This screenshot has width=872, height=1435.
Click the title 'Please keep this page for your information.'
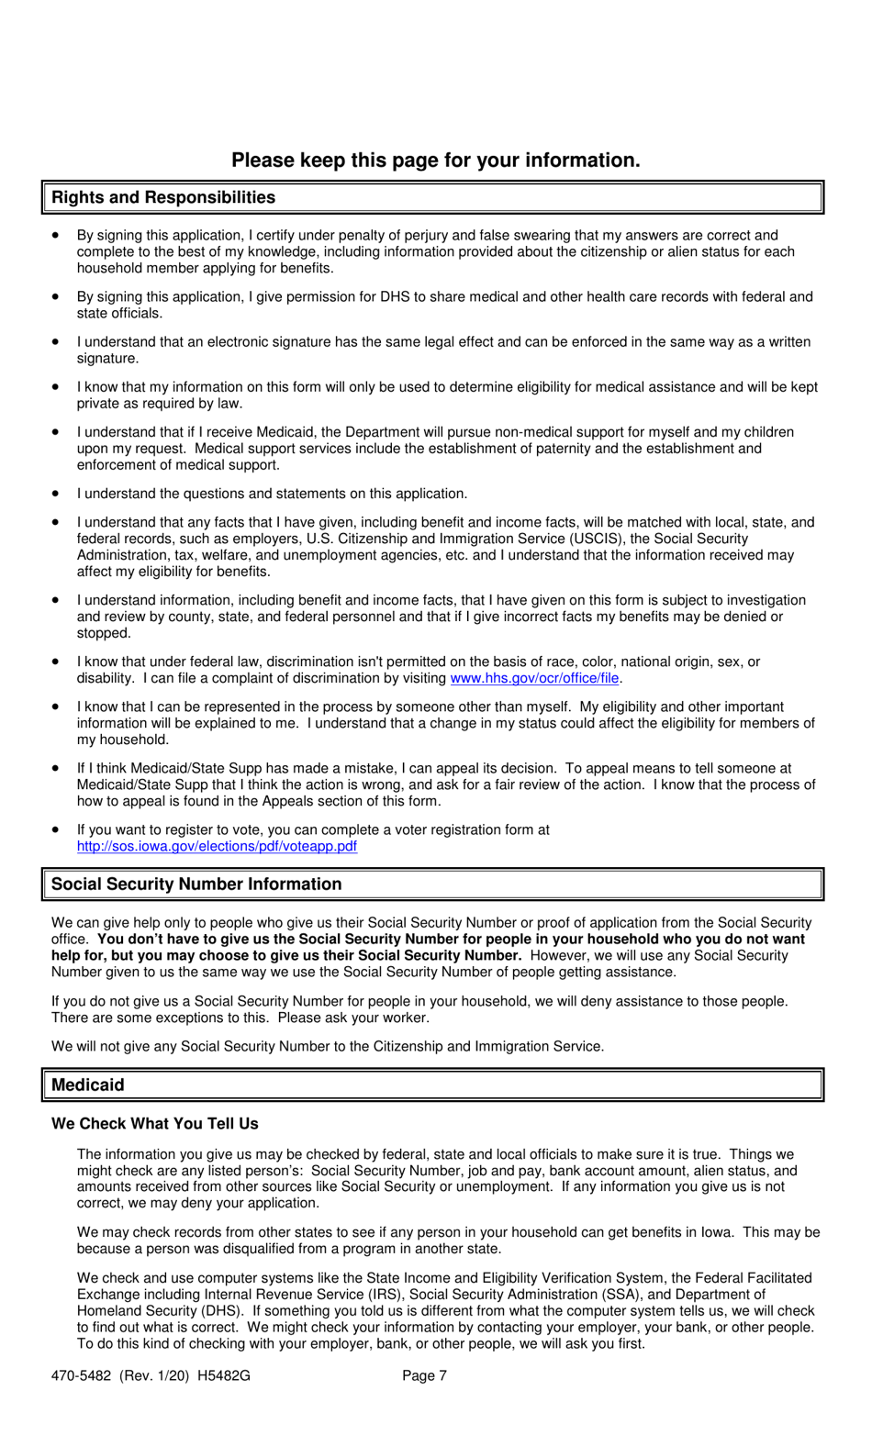tap(435, 161)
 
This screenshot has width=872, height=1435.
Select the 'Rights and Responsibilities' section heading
tap(162, 197)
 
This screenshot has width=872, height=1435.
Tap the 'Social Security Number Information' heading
tap(196, 884)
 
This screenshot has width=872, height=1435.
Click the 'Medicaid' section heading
tap(87, 1085)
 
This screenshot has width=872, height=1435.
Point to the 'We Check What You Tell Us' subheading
tap(154, 1123)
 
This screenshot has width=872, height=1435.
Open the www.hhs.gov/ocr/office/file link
tap(534, 678)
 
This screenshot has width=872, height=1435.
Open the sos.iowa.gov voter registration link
tap(217, 846)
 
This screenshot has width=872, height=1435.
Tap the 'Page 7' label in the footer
tap(424, 1375)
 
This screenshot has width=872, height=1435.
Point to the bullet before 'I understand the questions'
tap(57, 494)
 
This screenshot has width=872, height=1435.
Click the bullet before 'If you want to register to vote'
tap(57, 829)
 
